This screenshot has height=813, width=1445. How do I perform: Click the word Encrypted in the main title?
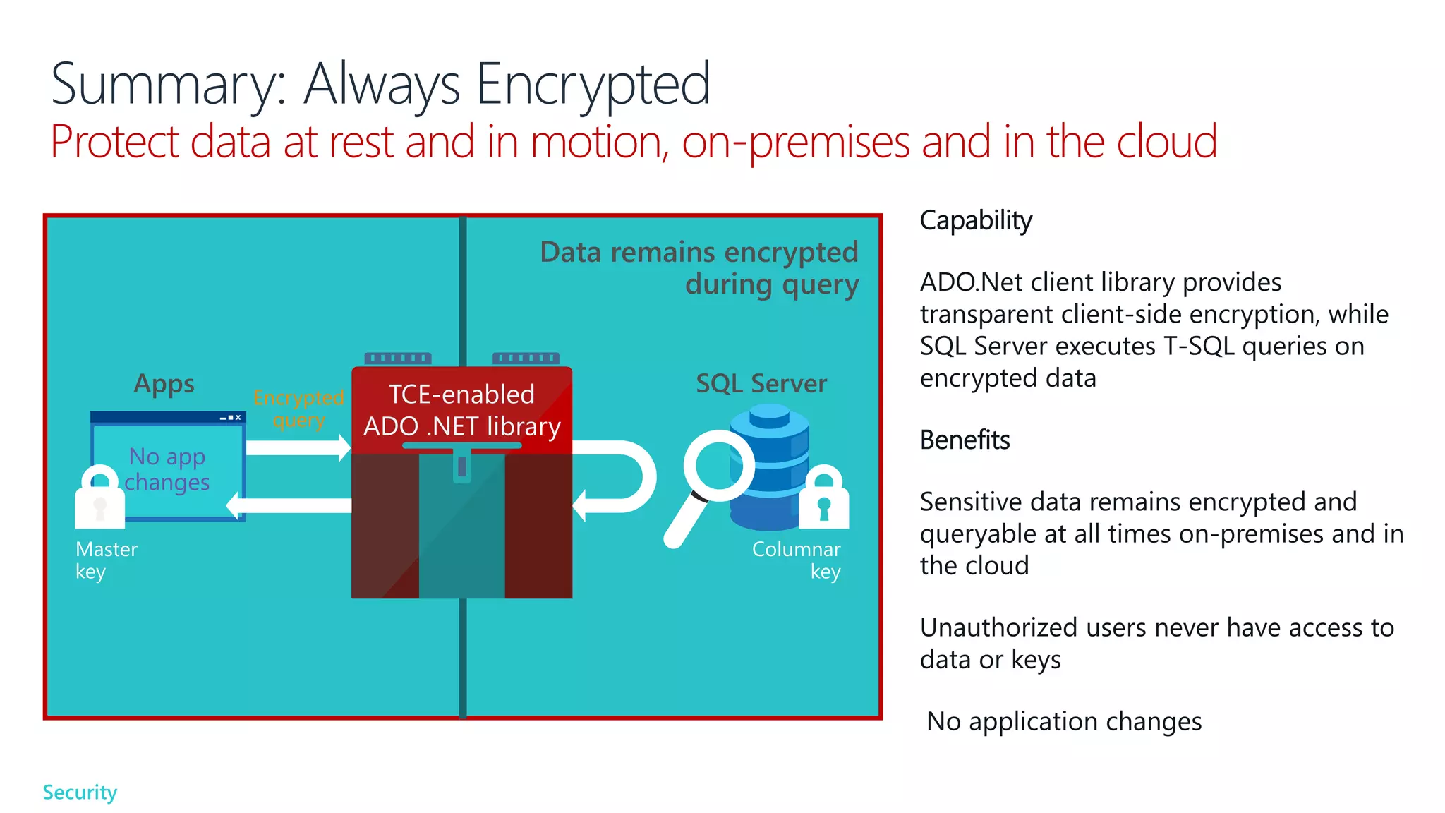(x=593, y=85)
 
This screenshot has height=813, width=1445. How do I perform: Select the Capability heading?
(x=975, y=221)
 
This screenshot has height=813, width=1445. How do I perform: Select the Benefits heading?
(x=965, y=440)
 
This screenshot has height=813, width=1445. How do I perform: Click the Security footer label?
(x=80, y=793)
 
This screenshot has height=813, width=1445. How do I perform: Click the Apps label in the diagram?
(x=164, y=384)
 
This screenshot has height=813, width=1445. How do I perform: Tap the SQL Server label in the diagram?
(x=761, y=384)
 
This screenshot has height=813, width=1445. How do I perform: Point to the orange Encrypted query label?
(x=298, y=409)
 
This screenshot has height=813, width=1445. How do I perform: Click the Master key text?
(x=106, y=560)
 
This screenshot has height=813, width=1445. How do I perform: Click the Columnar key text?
(x=797, y=560)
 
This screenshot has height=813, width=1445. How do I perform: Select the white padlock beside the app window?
(x=99, y=498)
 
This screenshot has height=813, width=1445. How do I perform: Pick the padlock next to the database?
(x=823, y=498)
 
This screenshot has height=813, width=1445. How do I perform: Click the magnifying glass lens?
(x=718, y=466)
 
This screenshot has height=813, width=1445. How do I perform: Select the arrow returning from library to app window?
(x=289, y=505)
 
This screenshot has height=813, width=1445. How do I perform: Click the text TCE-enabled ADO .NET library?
(x=461, y=411)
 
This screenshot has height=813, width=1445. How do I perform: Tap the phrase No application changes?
(x=1063, y=722)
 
